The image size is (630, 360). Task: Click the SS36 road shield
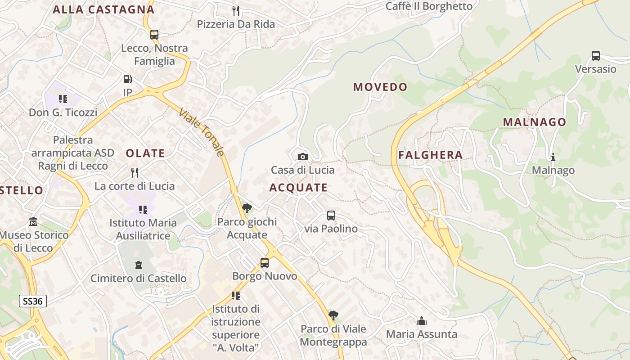[33, 301]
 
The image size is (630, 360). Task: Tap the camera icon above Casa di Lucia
[303, 157]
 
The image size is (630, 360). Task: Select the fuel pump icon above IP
[128, 79]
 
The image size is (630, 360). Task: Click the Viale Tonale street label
[201, 132]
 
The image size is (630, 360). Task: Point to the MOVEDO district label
[380, 87]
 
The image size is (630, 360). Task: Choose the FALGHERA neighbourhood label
[430, 155]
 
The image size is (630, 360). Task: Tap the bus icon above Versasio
[596, 56]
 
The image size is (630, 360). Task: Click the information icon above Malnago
[553, 157]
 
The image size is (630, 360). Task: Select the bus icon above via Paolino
[331, 216]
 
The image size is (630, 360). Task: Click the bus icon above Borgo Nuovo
[265, 263]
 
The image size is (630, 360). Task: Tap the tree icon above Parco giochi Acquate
[247, 208]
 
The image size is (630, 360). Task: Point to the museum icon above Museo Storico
[33, 222]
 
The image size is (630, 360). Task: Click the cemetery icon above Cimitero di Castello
[138, 265]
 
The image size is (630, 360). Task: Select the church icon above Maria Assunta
[422, 321]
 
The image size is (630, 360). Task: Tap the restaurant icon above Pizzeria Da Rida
[236, 11]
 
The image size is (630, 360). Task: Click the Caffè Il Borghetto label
[429, 6]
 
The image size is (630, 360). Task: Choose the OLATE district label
[145, 153]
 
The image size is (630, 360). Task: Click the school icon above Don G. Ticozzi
[63, 99]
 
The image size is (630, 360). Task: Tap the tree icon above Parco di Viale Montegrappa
[333, 315]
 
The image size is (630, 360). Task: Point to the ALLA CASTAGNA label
[103, 9]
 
